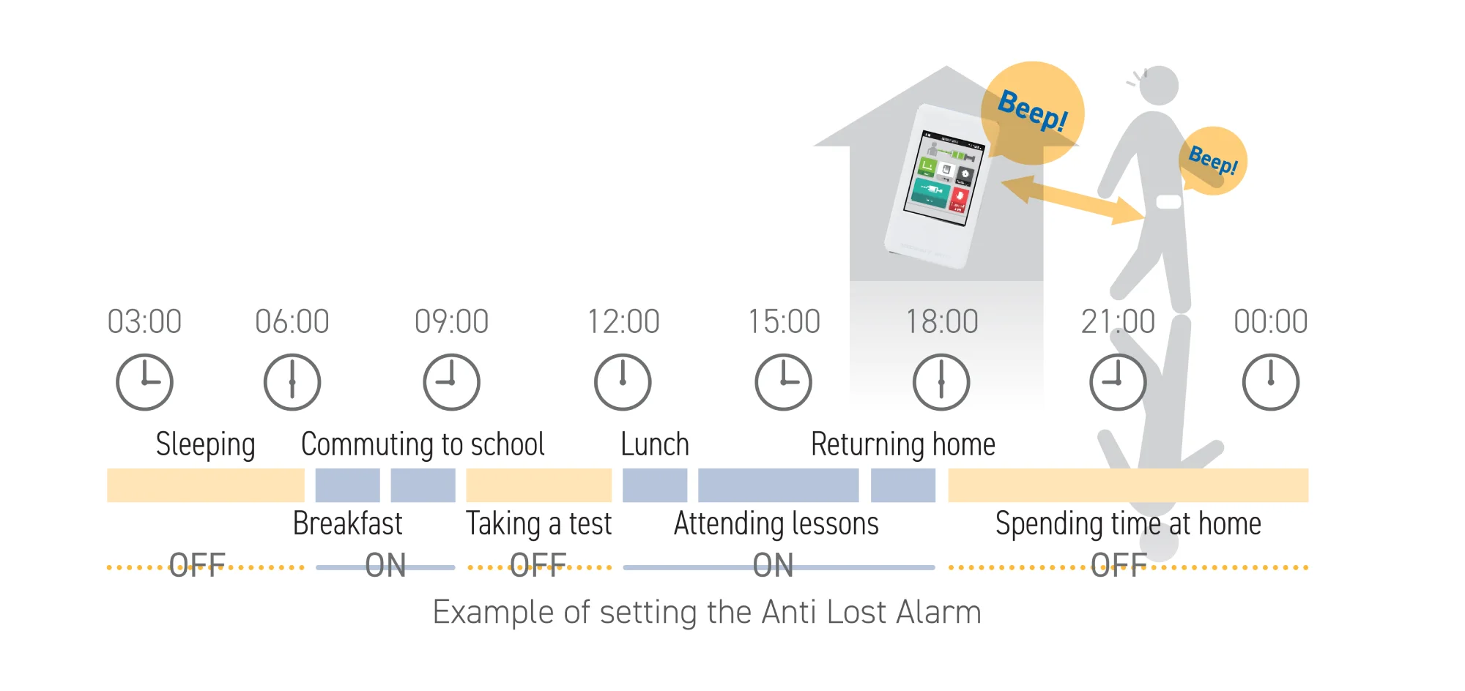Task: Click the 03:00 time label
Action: pyautogui.click(x=144, y=321)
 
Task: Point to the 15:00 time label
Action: pyautogui.click(x=784, y=321)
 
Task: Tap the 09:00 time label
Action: pyautogui.click(x=451, y=321)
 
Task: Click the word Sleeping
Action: pyautogui.click(x=206, y=445)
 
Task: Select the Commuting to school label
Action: pyautogui.click(x=423, y=445)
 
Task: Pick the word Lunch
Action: pyautogui.click(x=655, y=444)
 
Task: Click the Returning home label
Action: pyautogui.click(x=903, y=445)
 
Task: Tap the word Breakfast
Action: pyautogui.click(x=348, y=523)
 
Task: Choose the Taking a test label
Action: pyautogui.click(x=539, y=524)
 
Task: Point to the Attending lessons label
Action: pyautogui.click(x=776, y=524)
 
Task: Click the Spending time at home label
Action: pyautogui.click(x=1128, y=524)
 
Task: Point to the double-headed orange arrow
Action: pyautogui.click(x=1072, y=199)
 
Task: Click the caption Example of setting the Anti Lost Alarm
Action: pyautogui.click(x=707, y=612)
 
